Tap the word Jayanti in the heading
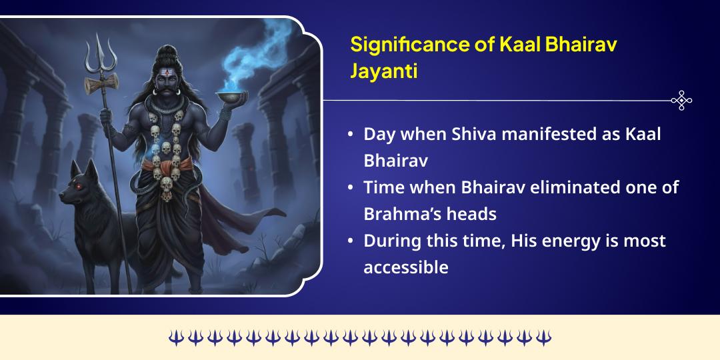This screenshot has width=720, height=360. coord(384,71)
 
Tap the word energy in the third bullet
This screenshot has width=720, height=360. coord(566,241)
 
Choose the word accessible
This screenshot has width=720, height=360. coord(406,267)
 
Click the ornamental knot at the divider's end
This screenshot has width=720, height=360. coord(681,101)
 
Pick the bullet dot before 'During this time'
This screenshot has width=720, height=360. coord(351,241)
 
